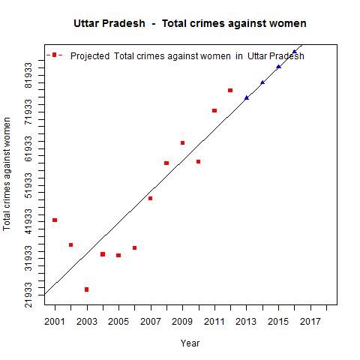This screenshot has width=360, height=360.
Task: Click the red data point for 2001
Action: click(55, 220)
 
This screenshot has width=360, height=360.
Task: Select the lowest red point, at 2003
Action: click(87, 289)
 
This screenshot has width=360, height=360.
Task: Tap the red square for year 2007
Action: click(151, 199)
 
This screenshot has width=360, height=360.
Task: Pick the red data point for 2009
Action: click(182, 142)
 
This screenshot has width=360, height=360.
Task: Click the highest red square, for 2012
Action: click(230, 91)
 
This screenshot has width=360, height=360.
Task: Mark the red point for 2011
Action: click(214, 111)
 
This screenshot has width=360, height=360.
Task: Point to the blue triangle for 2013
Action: click(247, 97)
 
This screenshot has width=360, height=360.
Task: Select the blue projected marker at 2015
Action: click(278, 67)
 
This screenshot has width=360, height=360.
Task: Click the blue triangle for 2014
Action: click(262, 82)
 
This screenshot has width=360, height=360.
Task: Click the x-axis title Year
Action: click(190, 343)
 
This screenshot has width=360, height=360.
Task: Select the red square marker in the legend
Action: click(54, 55)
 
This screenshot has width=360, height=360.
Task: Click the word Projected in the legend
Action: click(90, 56)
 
